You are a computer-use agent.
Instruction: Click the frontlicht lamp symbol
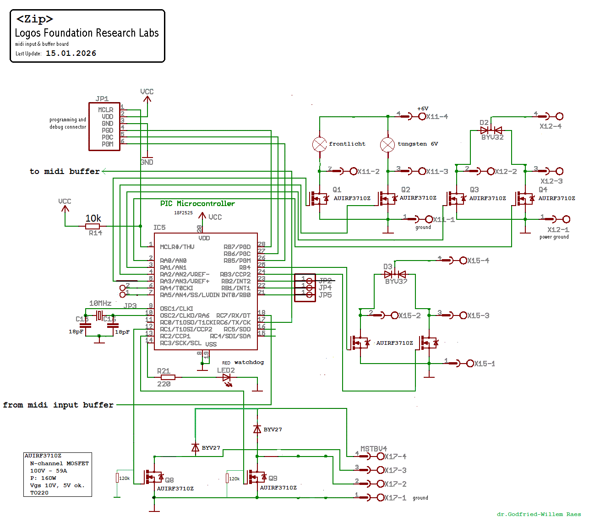tap(319, 144)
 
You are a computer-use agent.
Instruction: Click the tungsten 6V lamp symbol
tap(387, 145)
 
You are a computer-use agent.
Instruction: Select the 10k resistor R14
tap(93, 226)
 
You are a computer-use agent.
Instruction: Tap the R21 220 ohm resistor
tap(168, 377)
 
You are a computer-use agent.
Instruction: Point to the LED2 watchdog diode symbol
tap(227, 378)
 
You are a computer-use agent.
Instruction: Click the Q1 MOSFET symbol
tap(318, 198)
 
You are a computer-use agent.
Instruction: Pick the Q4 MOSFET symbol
tap(524, 198)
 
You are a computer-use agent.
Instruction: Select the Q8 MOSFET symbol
tap(153, 477)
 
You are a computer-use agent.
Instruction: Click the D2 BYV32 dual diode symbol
tap(491, 130)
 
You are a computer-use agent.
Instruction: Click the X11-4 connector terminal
tap(422, 117)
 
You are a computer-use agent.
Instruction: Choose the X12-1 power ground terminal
tap(566, 219)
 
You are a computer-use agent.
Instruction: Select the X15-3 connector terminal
tap(463, 315)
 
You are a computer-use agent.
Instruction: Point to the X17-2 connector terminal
tap(380, 484)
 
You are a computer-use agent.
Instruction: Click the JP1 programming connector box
tap(104, 126)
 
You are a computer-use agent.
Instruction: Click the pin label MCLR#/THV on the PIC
tap(177, 247)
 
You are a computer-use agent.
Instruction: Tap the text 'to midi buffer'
tap(65, 171)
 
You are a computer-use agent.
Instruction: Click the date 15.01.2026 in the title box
tap(71, 53)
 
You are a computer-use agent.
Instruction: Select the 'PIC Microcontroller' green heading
tap(197, 203)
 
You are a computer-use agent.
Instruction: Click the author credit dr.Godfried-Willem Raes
tap(539, 514)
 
